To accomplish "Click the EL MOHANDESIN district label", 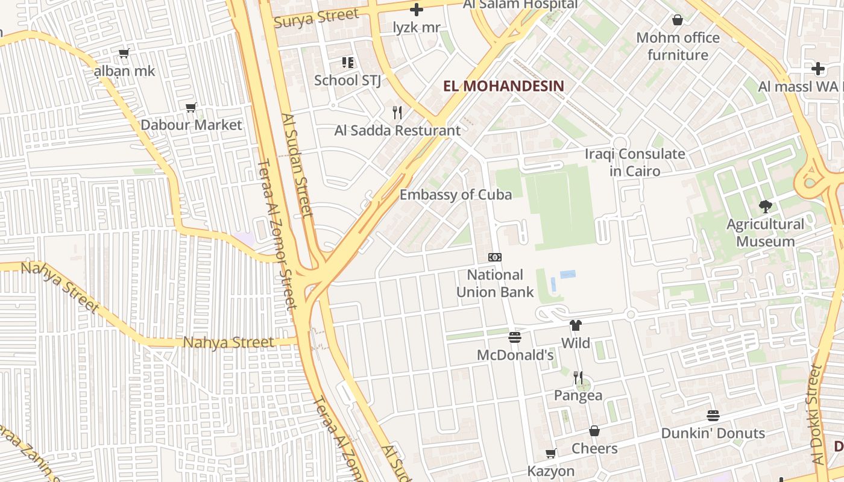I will click(503, 86).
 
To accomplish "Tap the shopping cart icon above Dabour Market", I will click(191, 108).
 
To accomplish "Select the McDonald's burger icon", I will click(514, 337).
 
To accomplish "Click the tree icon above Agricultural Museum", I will click(765, 207).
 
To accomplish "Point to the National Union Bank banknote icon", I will click(495, 257).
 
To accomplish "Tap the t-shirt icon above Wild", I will click(576, 325).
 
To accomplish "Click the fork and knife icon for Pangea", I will click(578, 378).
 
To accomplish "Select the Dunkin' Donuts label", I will click(713, 433).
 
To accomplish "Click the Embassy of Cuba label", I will click(456, 195).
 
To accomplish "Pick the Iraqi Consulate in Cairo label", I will click(635, 162).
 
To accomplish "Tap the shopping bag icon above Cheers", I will click(594, 431).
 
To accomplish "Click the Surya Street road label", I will click(316, 17).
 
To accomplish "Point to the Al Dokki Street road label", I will click(818, 416).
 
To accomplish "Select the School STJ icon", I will click(348, 62).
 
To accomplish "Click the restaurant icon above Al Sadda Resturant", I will click(397, 113).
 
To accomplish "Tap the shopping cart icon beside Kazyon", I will click(550, 453).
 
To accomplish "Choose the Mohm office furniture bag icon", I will click(678, 20).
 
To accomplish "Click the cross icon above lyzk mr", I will click(417, 10).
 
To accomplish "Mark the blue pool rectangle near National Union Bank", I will click(568, 274).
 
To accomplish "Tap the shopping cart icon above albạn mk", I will click(124, 54).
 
